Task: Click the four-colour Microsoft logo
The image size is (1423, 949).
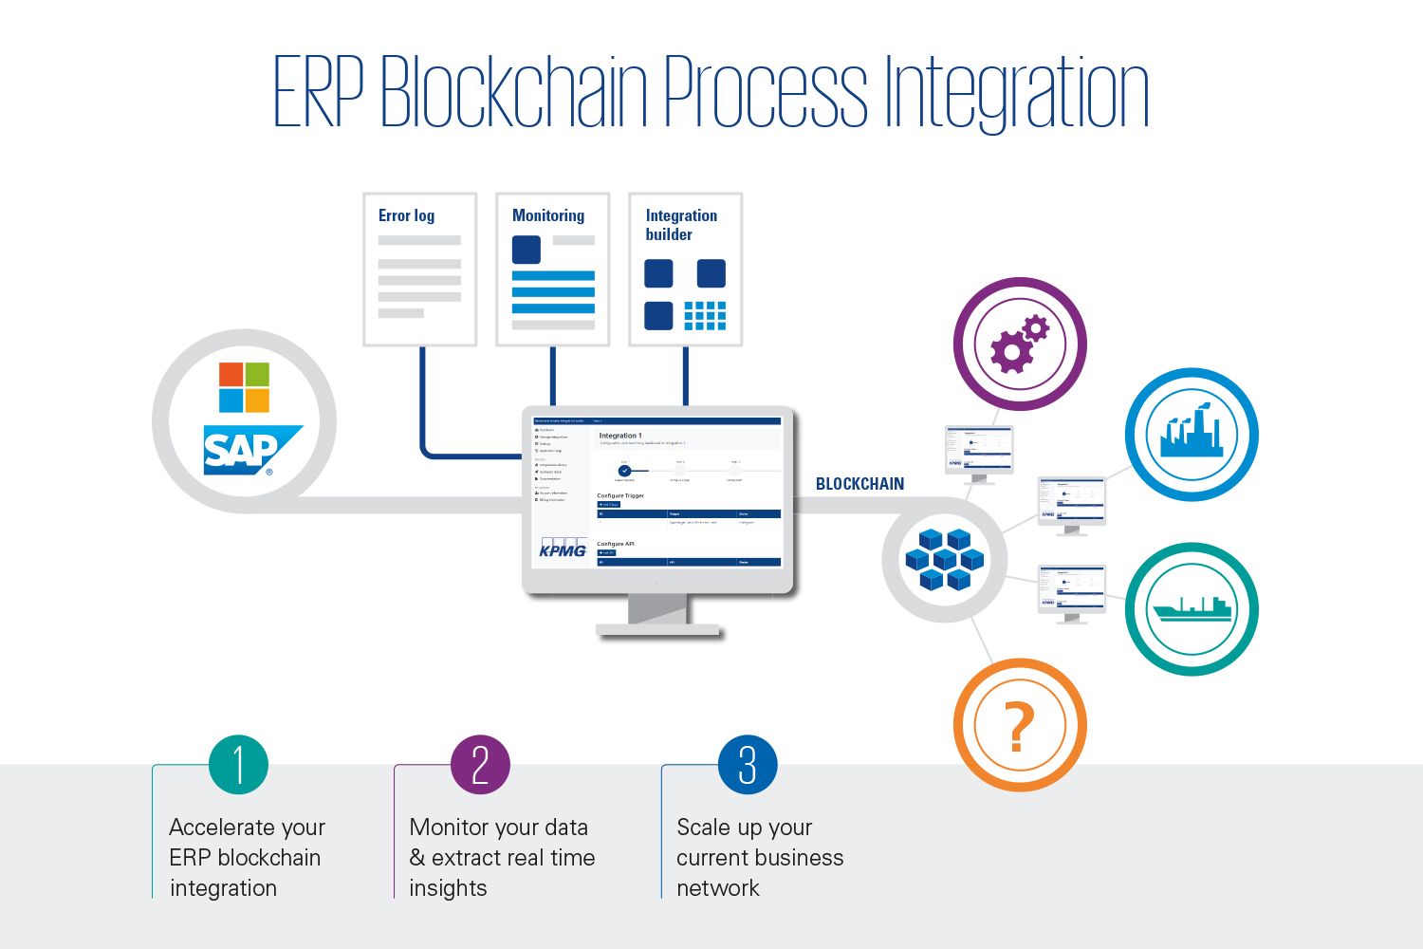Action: [244, 387]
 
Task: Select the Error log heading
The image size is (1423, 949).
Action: [406, 215]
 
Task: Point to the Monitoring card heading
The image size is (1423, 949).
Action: [548, 215]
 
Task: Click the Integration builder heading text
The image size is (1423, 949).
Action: [681, 225]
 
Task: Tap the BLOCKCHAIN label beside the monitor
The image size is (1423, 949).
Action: [859, 484]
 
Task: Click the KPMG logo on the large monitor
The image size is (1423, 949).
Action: [563, 549]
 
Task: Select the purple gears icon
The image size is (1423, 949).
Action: [1019, 344]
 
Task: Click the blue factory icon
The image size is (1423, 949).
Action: [1192, 435]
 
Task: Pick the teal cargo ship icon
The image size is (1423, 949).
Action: [1191, 608]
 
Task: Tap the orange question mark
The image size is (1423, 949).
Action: [1018, 727]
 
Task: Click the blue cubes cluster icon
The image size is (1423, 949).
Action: [944, 560]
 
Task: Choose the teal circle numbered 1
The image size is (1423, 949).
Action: [238, 765]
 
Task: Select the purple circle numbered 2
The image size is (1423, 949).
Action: [480, 765]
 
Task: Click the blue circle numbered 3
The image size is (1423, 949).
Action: [748, 765]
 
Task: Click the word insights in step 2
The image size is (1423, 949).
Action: [448, 888]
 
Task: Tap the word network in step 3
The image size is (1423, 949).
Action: [718, 888]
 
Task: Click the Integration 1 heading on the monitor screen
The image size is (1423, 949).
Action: [620, 436]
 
